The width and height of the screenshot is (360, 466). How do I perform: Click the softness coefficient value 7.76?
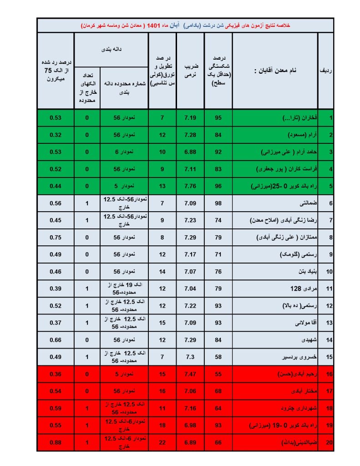pos(190,186)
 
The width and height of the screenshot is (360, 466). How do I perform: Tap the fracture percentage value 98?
pos(218,203)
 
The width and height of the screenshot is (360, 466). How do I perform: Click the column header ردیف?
pos(325,71)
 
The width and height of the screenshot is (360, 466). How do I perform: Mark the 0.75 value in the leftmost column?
pos(56,237)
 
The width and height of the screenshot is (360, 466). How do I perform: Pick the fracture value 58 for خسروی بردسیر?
pos(218,356)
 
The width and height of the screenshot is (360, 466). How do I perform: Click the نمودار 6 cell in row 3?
pos(124,152)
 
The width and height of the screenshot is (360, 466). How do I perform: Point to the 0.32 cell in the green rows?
pos(56,135)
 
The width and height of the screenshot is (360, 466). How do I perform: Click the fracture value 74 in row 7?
pos(218,220)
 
